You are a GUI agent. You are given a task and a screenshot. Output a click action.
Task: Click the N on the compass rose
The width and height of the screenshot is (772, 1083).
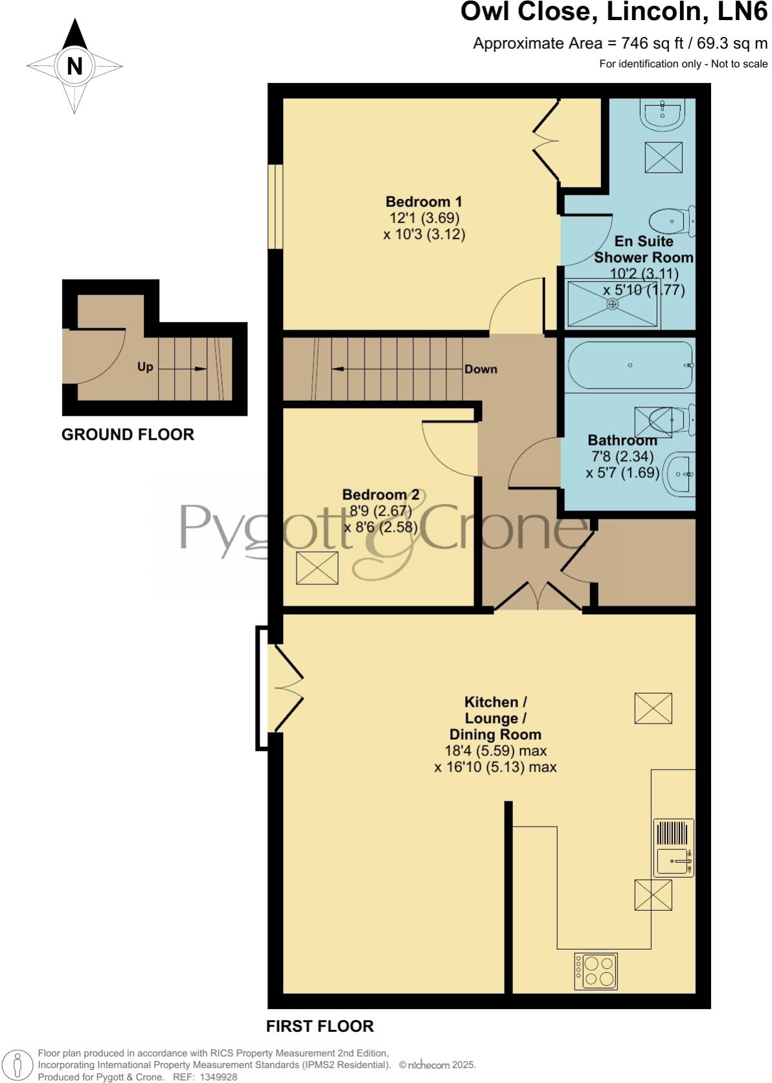[74, 66]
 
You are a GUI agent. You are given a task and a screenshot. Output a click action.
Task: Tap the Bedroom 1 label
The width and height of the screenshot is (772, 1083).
[424, 201]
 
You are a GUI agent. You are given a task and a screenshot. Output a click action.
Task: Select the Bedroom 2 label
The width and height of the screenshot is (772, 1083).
[381, 495]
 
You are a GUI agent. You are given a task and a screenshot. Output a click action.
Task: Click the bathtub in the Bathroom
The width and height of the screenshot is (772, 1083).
[630, 365]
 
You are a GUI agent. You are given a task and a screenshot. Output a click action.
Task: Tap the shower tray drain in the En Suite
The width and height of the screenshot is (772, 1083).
[613, 303]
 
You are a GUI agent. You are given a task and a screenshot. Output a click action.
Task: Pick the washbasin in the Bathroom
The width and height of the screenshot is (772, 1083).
[681, 474]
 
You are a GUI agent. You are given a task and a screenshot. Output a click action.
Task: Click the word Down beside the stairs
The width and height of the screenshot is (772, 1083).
[481, 369]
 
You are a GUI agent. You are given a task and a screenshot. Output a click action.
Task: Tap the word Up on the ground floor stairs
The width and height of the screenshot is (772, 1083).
[145, 367]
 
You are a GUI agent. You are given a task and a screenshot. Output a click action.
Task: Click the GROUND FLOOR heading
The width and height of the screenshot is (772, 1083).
[128, 435]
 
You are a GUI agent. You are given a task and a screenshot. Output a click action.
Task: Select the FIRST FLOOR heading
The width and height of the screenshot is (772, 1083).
[320, 1026]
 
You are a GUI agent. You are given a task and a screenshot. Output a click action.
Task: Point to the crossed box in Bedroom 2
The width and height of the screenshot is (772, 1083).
[317, 568]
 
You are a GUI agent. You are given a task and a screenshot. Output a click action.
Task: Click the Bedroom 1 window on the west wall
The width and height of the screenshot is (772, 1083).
[276, 206]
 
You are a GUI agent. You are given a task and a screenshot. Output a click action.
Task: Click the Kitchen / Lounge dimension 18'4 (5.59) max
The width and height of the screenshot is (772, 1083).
[495, 751]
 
